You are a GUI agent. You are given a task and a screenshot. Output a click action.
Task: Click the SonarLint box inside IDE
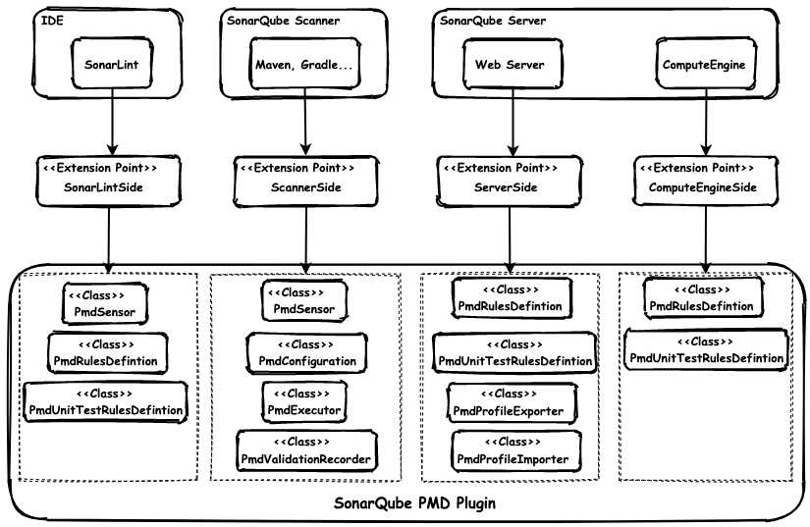(112, 65)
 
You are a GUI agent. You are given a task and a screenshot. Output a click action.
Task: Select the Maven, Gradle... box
(304, 65)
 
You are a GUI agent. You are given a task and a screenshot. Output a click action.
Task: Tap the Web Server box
(510, 65)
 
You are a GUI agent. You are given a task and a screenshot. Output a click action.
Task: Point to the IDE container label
(46, 19)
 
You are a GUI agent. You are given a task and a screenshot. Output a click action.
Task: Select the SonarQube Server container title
(492, 20)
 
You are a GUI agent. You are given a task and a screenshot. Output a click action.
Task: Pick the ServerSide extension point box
(510, 177)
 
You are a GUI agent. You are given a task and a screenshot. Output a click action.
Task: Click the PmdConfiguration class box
(306, 353)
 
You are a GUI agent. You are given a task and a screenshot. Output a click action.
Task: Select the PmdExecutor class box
(305, 400)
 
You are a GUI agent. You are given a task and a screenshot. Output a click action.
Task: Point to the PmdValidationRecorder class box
(305, 449)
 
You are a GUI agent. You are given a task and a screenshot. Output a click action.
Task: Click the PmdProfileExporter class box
(511, 402)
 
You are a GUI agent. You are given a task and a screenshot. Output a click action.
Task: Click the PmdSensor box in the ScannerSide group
(304, 301)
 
